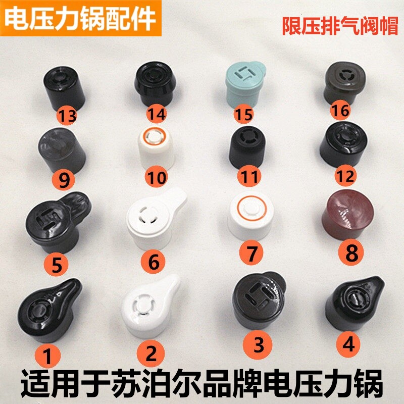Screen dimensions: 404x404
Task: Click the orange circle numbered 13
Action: point(67,116)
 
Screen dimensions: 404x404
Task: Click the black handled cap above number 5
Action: point(56,219)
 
